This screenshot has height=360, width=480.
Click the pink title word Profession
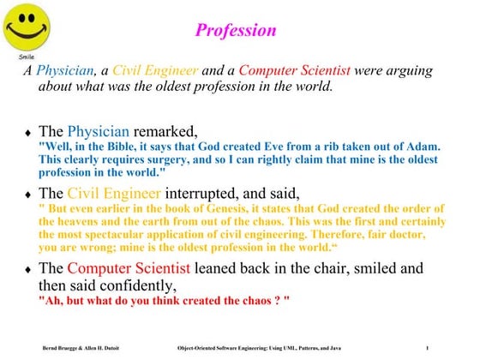pos(236,31)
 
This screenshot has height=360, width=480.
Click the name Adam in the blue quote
pos(421,147)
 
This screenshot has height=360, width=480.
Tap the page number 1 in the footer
pos(450,347)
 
